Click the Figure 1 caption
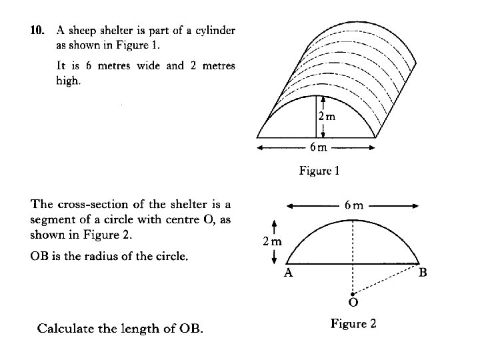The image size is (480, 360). coord(319,171)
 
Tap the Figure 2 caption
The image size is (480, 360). coord(353,324)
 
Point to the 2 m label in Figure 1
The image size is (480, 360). coord(326,116)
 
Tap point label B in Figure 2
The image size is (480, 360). coord(423,273)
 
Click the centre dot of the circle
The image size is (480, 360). coord(353,292)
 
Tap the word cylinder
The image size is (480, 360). coord(212,31)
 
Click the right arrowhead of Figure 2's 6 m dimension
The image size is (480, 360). coord(416,205)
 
